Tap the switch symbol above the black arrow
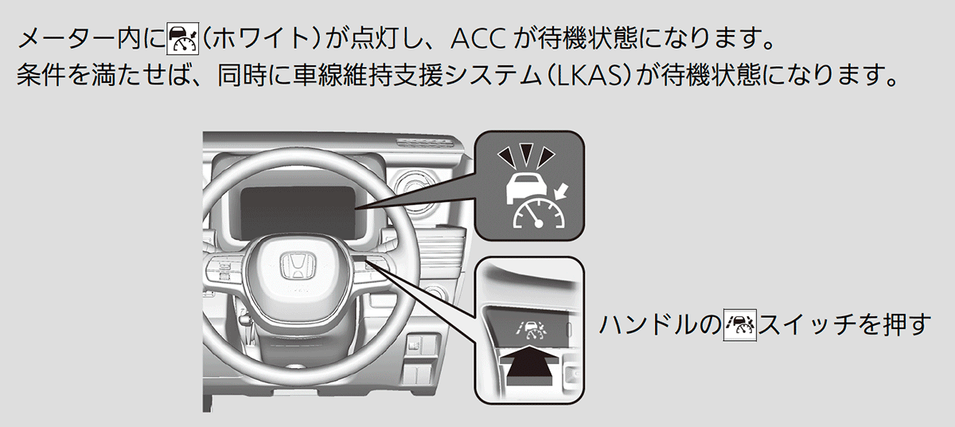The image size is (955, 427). click(x=526, y=327)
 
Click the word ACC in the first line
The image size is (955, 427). click(x=478, y=37)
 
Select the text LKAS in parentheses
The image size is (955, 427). click(x=606, y=78)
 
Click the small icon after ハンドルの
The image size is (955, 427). click(x=739, y=327)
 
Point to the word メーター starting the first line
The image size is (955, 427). click(x=59, y=37)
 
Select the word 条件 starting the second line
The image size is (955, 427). click(x=37, y=78)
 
